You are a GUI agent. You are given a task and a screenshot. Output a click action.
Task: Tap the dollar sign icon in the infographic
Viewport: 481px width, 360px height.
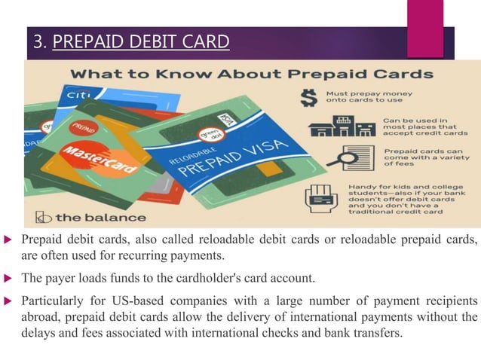click(308, 98)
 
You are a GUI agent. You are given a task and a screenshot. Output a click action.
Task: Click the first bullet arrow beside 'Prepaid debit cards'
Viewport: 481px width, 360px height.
click(8, 240)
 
